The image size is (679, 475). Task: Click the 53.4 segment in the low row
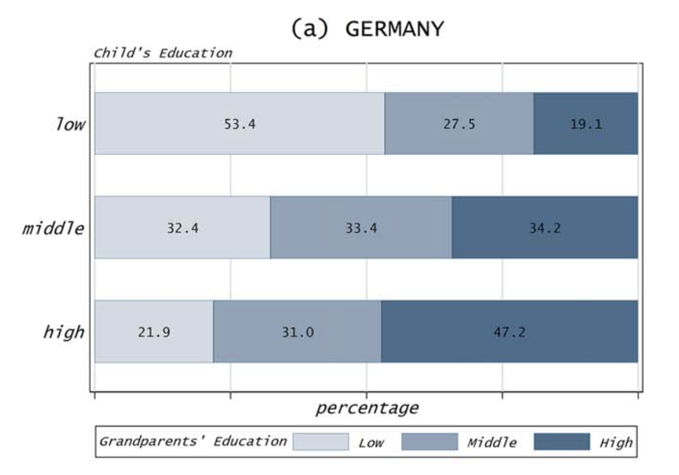click(x=240, y=123)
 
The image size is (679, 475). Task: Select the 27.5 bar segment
click(x=459, y=123)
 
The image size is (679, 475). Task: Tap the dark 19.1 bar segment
click(x=585, y=123)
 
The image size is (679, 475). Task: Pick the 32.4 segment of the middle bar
click(x=182, y=227)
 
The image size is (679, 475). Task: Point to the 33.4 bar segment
click(x=361, y=227)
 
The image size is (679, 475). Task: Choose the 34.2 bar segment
click(x=544, y=227)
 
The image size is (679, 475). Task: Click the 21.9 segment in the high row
click(x=154, y=331)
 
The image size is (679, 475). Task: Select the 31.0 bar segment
click(x=297, y=331)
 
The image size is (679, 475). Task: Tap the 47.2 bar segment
click(x=509, y=331)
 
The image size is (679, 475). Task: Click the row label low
click(x=69, y=124)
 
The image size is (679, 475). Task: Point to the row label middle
click(x=53, y=228)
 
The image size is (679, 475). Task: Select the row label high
click(x=64, y=332)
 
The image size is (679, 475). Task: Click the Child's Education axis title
click(x=162, y=53)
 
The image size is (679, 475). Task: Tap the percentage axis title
click(x=367, y=407)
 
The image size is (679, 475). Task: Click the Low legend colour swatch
click(x=320, y=441)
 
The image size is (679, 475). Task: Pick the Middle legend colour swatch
click(x=429, y=441)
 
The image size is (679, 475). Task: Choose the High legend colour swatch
click(x=562, y=441)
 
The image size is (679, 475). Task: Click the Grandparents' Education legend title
click(x=193, y=441)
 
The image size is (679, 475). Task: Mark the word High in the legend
click(x=616, y=442)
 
